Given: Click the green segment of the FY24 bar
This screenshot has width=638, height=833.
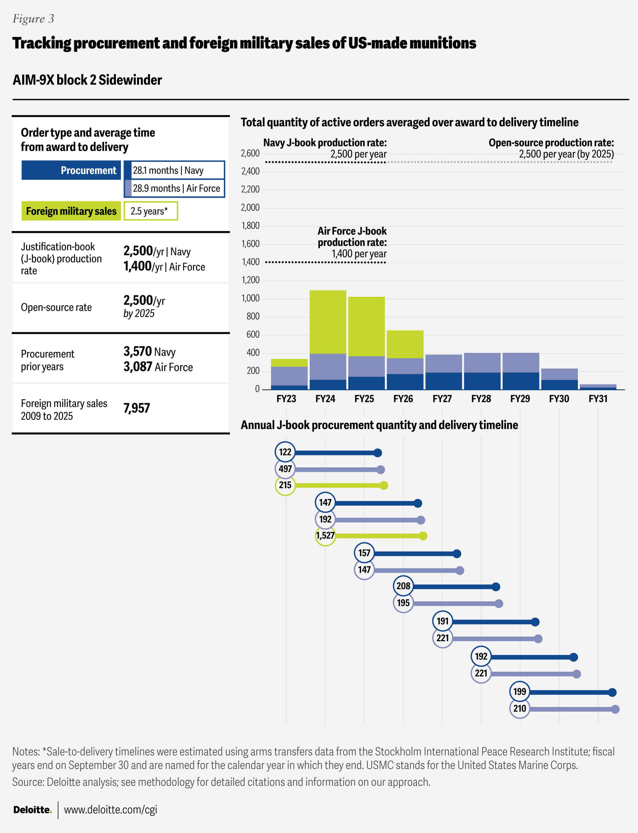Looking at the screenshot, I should (328, 322).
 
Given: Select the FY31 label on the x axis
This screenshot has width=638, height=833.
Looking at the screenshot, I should (598, 398).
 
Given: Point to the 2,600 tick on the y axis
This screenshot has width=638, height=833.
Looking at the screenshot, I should (250, 153).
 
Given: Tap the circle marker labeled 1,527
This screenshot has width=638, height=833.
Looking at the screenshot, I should (325, 535).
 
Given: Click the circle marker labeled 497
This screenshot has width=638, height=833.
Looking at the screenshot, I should (285, 469).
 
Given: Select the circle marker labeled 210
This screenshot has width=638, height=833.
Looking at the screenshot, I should (519, 708).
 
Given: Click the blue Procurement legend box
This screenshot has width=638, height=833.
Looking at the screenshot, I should (71, 170).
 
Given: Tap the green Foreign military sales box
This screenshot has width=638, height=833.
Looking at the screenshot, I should (71, 211).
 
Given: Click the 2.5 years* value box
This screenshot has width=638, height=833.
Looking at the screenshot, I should (150, 211).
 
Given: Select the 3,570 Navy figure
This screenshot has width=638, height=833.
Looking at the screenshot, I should (149, 352).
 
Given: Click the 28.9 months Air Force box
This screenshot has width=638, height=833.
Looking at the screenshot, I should (175, 188).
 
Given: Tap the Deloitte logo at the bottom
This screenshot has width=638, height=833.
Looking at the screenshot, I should (32, 810).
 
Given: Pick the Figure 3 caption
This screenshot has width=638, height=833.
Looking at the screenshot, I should (33, 18).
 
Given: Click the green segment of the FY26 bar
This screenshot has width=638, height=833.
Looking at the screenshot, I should (405, 344).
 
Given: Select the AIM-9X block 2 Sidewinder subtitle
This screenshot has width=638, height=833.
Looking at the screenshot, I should (87, 80).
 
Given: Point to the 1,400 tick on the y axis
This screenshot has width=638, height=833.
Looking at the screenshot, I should (250, 262).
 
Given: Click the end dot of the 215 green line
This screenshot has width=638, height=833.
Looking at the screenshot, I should (384, 485).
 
